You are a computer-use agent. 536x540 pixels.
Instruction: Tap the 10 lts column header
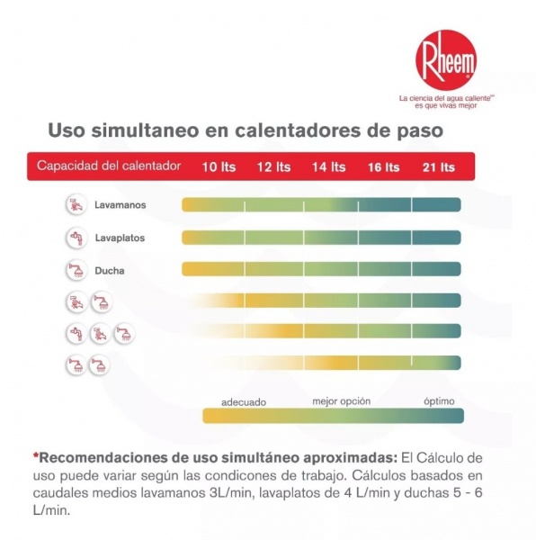click(x=219, y=166)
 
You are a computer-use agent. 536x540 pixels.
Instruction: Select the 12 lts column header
click(x=273, y=166)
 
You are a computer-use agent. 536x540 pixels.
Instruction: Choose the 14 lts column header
click(x=328, y=166)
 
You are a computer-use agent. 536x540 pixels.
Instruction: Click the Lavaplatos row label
click(x=120, y=238)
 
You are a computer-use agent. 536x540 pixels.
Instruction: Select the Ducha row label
click(x=110, y=270)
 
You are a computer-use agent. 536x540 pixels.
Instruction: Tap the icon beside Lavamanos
click(x=76, y=205)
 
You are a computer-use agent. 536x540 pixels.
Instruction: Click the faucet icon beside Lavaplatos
click(x=76, y=238)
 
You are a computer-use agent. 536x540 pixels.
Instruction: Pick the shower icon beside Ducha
click(x=76, y=270)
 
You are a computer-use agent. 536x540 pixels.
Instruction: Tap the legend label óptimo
click(x=440, y=401)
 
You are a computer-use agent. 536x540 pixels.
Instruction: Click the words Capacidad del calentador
click(x=109, y=166)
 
